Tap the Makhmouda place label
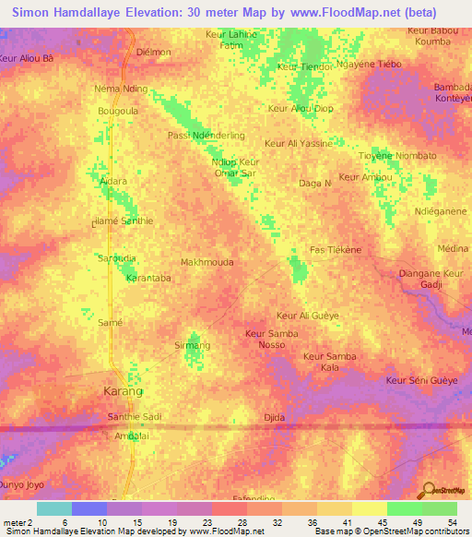tap(206, 262)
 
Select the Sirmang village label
tap(193, 345)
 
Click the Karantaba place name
tap(148, 277)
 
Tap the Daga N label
tap(315, 184)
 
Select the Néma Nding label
tap(121, 89)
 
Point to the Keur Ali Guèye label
tap(308, 316)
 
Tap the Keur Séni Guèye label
tap(421, 380)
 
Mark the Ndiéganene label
tap(441, 211)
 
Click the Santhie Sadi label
tap(135, 417)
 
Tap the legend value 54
tap(449, 521)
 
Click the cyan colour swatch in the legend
tap(53, 508)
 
